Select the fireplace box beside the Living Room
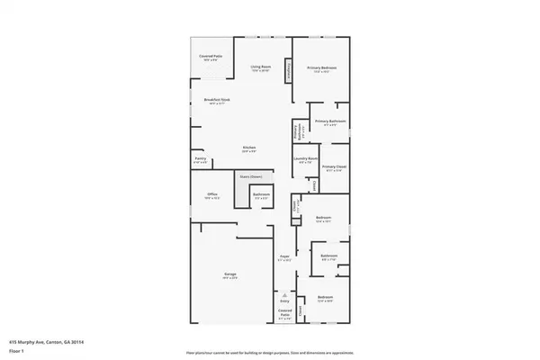[288, 71]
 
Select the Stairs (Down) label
[250, 176]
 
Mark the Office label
[212, 193]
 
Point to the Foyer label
[284, 257]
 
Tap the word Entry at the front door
[284, 303]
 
